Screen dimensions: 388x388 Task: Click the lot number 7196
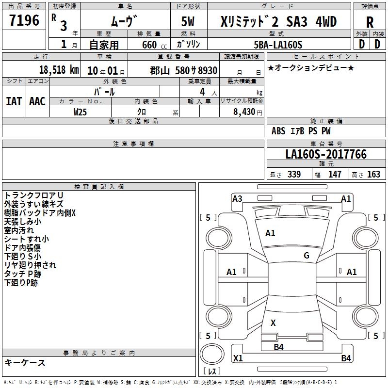tap(24, 20)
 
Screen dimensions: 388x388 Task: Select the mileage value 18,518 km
tap(59, 70)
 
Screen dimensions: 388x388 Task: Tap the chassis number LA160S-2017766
tap(326, 154)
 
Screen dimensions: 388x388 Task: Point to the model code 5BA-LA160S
tap(278, 45)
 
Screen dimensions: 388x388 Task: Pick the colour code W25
tap(80, 112)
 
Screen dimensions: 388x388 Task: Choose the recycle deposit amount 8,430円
tap(248, 112)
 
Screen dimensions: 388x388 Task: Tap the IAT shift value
tap(14, 101)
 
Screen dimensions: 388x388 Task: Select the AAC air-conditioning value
tap(37, 101)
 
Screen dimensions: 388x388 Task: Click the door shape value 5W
tap(188, 21)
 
